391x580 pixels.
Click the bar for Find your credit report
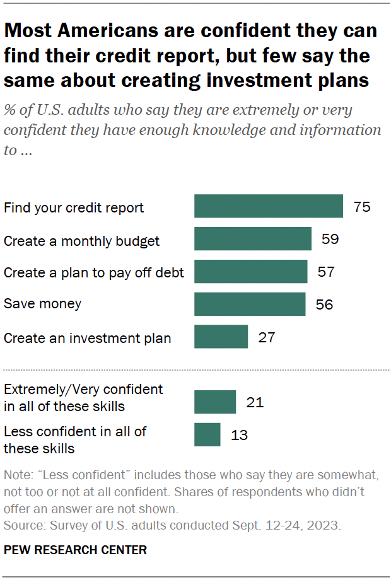click(268, 207)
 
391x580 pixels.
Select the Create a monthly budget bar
click(252, 239)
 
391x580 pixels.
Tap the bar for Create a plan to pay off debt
click(250, 272)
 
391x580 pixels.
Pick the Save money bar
click(250, 304)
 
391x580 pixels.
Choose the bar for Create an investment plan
click(221, 337)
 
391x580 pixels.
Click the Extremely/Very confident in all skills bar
click(214, 402)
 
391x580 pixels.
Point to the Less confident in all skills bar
click(207, 434)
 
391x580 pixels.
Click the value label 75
click(362, 207)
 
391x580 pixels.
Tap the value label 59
click(330, 239)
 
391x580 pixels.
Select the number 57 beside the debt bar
click(326, 272)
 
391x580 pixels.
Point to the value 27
click(267, 337)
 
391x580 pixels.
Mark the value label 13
click(240, 434)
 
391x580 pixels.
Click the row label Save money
click(43, 304)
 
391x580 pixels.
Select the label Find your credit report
click(74, 207)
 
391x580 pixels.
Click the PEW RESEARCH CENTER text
click(75, 550)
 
